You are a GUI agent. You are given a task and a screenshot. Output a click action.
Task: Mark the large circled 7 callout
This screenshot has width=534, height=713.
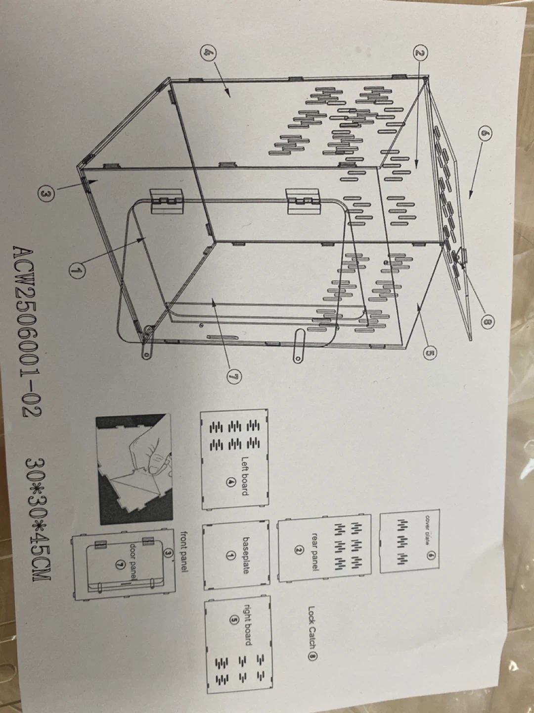(234, 377)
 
